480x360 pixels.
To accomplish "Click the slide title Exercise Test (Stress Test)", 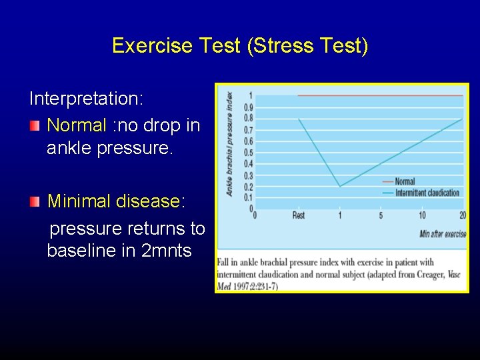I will (x=240, y=46).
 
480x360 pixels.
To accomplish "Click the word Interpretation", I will (x=83, y=99).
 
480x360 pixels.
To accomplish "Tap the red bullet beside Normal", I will (x=35, y=125).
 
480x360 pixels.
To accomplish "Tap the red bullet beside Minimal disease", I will (x=35, y=201).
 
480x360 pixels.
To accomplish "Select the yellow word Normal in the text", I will (x=77, y=125).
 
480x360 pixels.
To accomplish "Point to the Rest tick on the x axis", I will (x=299, y=215).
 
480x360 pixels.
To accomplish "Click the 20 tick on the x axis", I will (x=463, y=215).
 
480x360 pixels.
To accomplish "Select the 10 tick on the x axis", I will (x=422, y=215).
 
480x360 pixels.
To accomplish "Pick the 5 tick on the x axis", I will (x=381, y=215).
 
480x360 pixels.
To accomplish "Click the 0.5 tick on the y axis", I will (x=248, y=152).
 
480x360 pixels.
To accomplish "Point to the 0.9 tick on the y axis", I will (x=248, y=107).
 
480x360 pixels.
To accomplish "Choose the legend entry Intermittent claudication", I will (x=427, y=193).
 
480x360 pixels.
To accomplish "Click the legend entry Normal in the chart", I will (x=405, y=181).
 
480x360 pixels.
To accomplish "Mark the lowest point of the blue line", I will (x=339, y=186).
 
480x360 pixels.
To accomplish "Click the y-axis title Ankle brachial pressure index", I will (x=229, y=143).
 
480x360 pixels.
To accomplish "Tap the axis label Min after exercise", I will (x=443, y=234).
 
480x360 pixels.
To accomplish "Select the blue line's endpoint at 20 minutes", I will (x=463, y=119).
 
